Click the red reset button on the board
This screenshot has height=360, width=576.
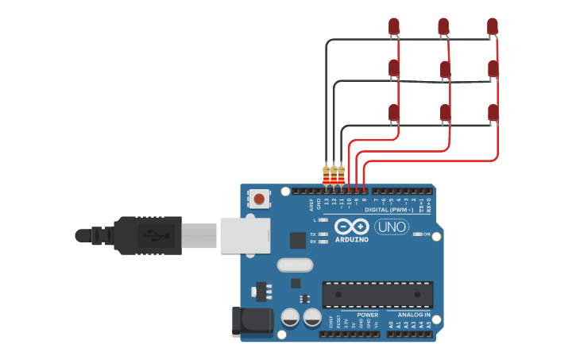tap(259, 198)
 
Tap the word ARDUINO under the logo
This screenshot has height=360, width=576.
tap(351, 239)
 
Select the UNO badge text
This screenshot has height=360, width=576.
tap(392, 226)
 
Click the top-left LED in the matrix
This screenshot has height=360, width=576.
tap(394, 26)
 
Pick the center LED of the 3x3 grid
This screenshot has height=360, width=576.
tap(445, 70)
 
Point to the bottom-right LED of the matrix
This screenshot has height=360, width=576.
tap(493, 113)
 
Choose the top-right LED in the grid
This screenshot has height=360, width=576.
tap(493, 26)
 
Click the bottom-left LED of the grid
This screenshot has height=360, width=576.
tap(394, 113)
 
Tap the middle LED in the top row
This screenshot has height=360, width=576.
tap(443, 27)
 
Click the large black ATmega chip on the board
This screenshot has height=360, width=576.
tap(377, 294)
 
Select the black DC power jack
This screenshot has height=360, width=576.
tap(252, 321)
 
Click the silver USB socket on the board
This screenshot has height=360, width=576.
tap(241, 235)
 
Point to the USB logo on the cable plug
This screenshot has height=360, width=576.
tap(156, 235)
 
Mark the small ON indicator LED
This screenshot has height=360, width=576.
tap(418, 234)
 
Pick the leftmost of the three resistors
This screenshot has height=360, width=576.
tap(326, 175)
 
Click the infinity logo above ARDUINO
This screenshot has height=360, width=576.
tap(351, 226)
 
